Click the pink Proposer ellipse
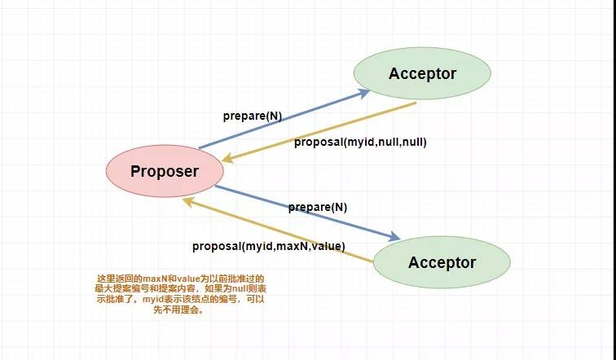[x=165, y=171]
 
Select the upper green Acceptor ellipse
[x=422, y=73]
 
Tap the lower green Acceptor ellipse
[x=442, y=262]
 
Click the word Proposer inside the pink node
[x=165, y=172]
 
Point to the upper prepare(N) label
[x=253, y=116]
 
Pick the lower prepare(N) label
[x=318, y=207]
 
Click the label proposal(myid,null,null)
[x=360, y=142]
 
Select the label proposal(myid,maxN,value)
[x=269, y=247]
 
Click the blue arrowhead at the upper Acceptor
[x=364, y=93]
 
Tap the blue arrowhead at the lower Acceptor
[x=394, y=236]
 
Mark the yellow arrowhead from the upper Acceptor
[x=229, y=159]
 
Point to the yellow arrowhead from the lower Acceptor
[x=189, y=202]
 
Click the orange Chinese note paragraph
[x=181, y=294]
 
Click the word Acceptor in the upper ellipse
[x=423, y=74]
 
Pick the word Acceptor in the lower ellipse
[x=442, y=262]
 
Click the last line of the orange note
[x=178, y=310]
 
